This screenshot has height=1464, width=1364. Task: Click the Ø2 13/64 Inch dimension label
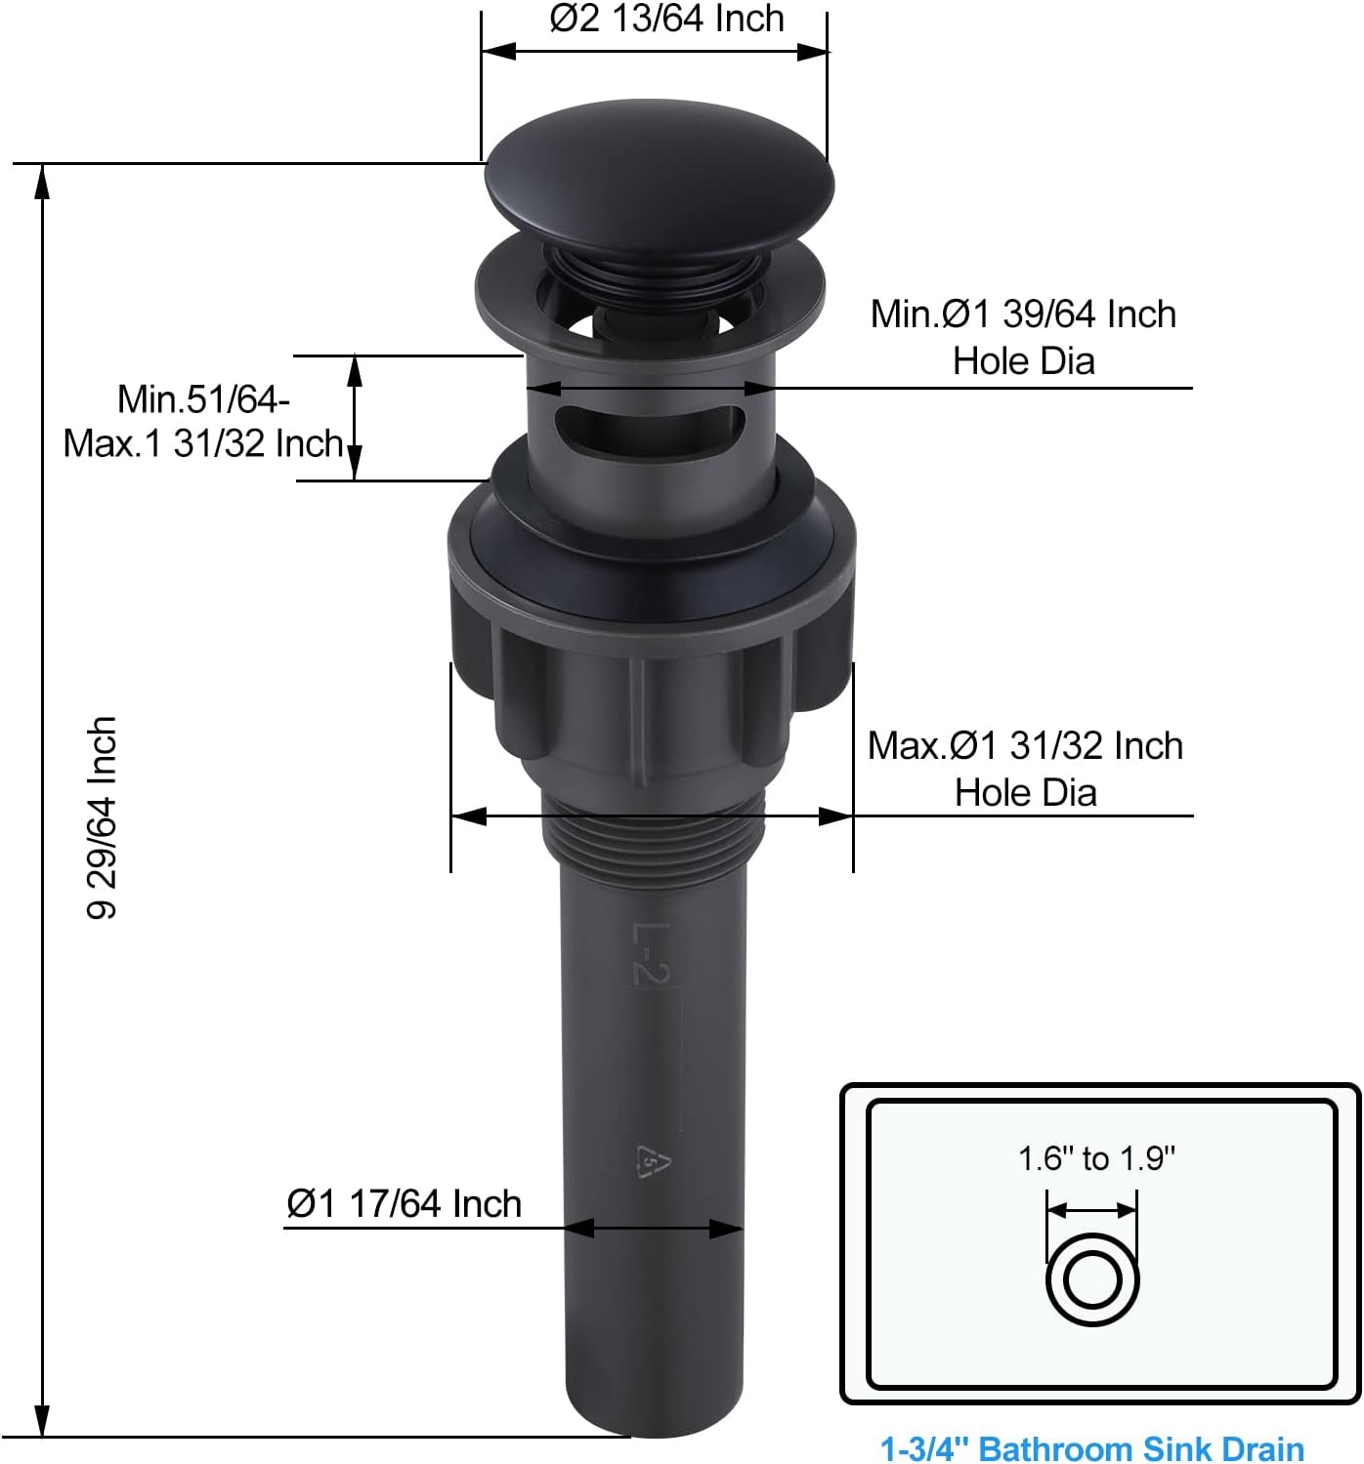666,19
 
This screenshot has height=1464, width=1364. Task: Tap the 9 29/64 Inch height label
103,817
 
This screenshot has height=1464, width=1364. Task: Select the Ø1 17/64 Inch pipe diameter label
404,1203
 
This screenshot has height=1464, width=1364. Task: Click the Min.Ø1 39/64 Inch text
1023,314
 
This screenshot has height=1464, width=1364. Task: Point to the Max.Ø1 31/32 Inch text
1025,746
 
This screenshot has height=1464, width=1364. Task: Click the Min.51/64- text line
203,399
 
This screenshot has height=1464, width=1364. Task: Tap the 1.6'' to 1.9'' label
1096,1158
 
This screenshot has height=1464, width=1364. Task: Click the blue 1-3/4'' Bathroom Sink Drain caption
1091,1447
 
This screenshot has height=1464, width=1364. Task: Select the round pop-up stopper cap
660,181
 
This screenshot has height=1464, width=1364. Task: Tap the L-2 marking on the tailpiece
651,954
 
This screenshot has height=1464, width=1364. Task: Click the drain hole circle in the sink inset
1092,1279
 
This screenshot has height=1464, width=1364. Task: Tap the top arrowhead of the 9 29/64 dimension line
41,181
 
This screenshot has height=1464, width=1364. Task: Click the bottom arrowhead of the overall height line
41,1421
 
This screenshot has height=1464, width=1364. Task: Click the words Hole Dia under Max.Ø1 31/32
1025,792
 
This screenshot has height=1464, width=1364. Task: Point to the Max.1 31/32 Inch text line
203,443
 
